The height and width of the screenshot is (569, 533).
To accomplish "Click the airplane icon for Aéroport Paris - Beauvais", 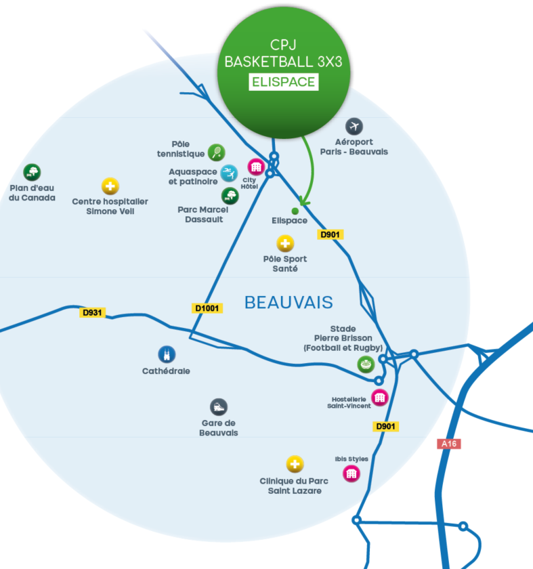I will [354, 126].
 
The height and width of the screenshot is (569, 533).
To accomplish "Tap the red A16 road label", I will [448, 444].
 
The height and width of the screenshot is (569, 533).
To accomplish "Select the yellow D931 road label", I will [93, 312].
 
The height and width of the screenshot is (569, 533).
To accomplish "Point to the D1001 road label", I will [208, 308].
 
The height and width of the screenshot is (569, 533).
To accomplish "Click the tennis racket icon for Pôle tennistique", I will [217, 152].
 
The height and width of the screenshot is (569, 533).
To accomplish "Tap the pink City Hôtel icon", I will [255, 167].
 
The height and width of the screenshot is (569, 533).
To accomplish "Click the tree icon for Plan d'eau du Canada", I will [32, 172].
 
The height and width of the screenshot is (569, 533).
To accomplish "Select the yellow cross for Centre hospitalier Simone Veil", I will [110, 186].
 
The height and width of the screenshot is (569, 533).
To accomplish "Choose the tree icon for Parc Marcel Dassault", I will [230, 196].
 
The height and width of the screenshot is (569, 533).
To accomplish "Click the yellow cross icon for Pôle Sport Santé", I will [285, 244].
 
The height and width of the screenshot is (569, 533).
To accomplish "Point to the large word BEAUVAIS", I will [289, 301].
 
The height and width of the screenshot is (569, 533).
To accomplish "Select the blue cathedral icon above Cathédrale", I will [166, 354].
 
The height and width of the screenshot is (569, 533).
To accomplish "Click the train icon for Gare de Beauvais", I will [218, 406].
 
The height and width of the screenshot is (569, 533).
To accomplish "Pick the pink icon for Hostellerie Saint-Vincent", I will [379, 397].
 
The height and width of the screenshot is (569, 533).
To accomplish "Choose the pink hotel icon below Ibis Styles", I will [351, 473].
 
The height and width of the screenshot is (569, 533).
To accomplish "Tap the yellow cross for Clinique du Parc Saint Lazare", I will [295, 464].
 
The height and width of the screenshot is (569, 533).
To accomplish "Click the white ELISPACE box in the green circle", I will [284, 82].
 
